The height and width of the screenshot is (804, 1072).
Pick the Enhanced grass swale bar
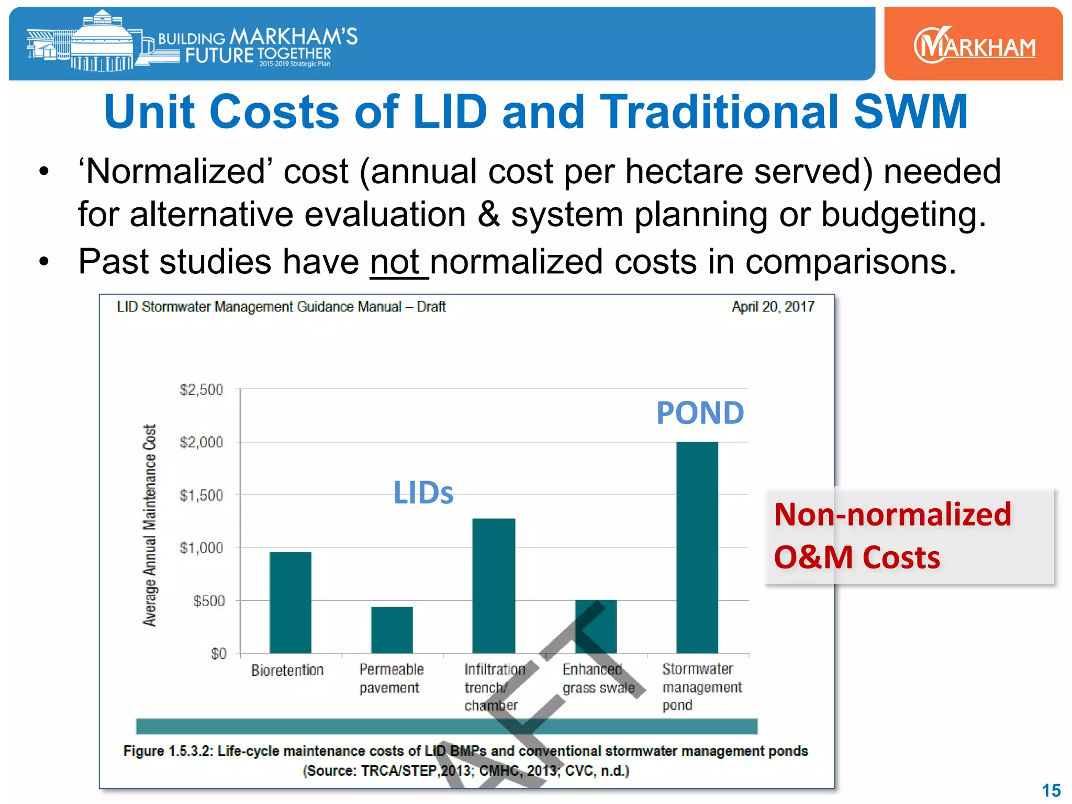(x=596, y=626)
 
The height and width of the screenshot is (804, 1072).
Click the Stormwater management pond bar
(x=697, y=547)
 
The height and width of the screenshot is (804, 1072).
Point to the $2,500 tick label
(x=201, y=390)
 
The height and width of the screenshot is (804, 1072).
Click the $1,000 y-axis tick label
(x=201, y=548)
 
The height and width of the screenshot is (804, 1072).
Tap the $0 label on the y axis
(x=218, y=654)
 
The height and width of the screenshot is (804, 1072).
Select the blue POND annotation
(x=700, y=413)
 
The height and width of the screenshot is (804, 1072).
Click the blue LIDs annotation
(x=423, y=493)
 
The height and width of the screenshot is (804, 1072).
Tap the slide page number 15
(x=1051, y=790)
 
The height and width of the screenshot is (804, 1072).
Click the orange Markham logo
(x=974, y=45)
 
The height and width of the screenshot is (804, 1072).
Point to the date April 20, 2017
(x=773, y=307)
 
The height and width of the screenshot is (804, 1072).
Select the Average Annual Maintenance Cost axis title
(x=150, y=525)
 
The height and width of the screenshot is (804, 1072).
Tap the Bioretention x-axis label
(x=287, y=671)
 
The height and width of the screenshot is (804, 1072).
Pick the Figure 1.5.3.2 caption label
(x=168, y=751)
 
